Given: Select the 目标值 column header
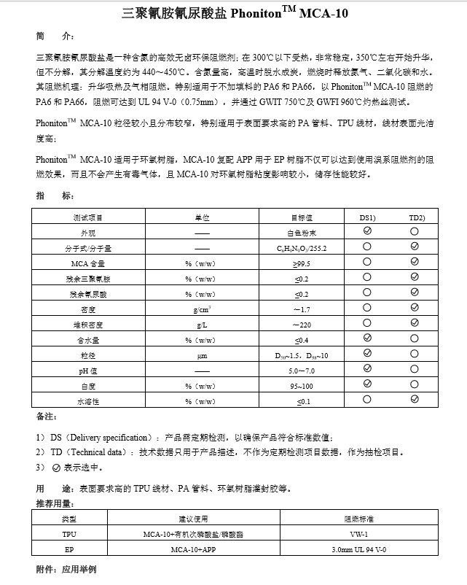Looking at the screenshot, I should coord(301,217).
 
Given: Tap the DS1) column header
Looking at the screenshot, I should coord(367,217).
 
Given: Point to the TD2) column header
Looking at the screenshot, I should coord(415,217).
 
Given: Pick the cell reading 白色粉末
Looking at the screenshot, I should coord(301,233).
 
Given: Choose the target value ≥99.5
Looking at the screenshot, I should coord(301,263).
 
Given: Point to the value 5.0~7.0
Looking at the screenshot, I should coord(301,371).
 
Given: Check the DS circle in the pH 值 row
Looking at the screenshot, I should coord(367,371).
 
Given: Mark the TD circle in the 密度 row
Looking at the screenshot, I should coord(415,309).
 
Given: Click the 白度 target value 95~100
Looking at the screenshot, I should coord(301,385).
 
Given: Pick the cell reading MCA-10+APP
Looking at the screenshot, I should coord(194,549).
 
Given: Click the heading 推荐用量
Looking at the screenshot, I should coord(55,503).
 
